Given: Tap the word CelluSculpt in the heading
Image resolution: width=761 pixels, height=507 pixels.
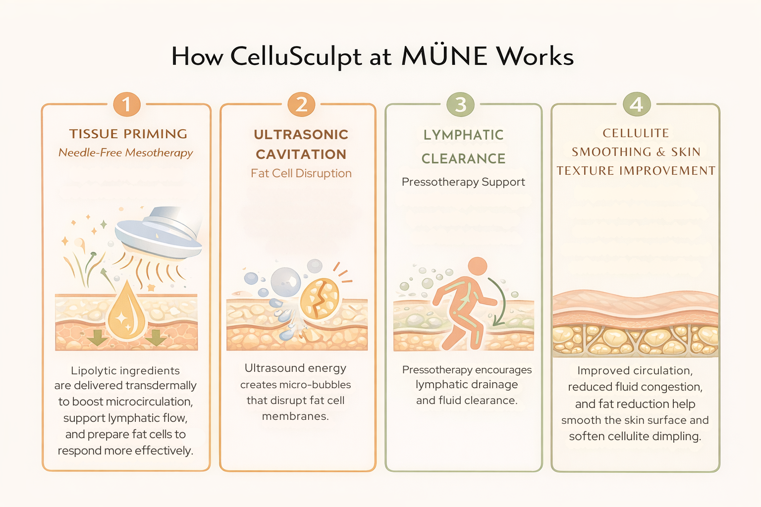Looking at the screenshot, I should coord(296,56).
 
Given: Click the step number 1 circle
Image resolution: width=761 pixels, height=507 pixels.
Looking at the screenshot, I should coord(127,104).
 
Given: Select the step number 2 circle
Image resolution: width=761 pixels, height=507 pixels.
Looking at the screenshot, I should coord(301,104).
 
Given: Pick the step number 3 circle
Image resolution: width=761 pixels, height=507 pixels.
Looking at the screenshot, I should coord(461,104).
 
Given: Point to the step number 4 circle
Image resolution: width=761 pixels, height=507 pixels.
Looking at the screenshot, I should coord(636,104).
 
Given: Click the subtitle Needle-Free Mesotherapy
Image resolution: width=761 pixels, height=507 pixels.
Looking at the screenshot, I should coord(125,152).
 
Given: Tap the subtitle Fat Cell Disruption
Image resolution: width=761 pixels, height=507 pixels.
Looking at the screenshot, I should coord(301,173).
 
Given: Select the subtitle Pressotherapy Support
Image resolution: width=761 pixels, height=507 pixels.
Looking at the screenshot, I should coord(463,182).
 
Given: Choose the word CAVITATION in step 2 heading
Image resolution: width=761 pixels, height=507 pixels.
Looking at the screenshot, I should coord(301,154).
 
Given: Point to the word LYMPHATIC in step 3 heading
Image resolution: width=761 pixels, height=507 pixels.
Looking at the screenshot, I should coord(463,135).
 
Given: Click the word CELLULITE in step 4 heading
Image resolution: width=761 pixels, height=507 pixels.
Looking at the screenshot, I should coord(636,133).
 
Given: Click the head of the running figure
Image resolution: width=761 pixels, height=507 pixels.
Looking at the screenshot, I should coord(478,266).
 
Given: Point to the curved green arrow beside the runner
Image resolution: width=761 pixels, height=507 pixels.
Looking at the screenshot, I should coord(502,302).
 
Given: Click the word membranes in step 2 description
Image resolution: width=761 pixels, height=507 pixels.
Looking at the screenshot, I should coord(295,416).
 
